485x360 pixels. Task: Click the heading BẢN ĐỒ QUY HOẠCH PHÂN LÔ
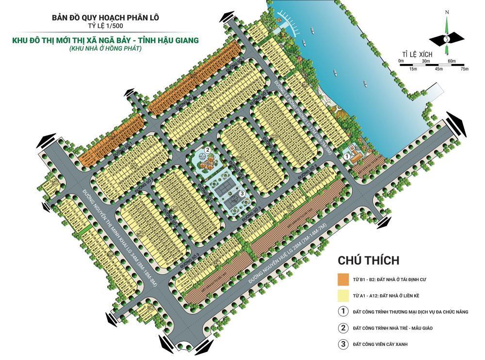coord(105,18)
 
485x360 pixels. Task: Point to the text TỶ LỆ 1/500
coord(105,28)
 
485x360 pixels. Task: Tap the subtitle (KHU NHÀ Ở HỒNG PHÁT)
coord(105,49)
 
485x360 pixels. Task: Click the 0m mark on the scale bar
coord(400,61)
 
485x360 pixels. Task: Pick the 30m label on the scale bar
coord(426,61)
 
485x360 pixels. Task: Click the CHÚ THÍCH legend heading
coord(368,261)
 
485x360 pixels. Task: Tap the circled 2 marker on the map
coord(207,150)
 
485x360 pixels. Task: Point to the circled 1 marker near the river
coord(346,157)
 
